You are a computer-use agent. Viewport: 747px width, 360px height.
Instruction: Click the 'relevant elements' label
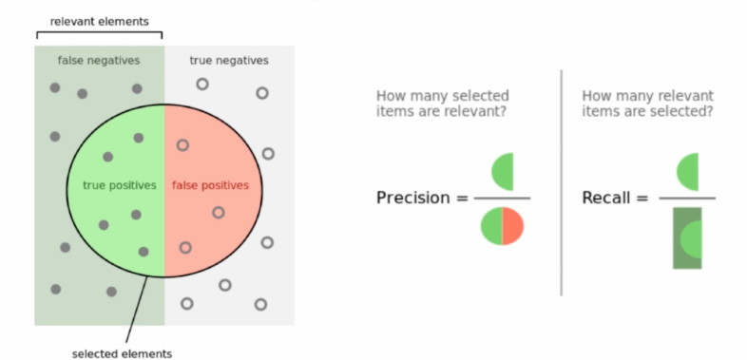99,21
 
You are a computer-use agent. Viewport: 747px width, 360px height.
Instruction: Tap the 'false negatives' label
99,60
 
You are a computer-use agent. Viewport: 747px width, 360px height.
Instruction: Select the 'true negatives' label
229,60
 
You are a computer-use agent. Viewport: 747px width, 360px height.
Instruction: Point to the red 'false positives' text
210,185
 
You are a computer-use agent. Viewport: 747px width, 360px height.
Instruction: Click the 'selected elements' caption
123,353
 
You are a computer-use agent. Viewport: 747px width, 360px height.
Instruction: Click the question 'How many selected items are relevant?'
443,104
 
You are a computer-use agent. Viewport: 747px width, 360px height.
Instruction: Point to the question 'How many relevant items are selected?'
647,104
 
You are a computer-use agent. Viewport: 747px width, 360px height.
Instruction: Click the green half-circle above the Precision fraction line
504,171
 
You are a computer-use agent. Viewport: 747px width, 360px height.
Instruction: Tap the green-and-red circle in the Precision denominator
501,226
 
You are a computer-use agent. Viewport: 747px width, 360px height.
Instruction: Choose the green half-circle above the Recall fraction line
689,171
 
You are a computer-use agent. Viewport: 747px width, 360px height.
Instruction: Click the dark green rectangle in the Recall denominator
687,237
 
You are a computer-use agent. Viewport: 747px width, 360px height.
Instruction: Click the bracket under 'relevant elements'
99,36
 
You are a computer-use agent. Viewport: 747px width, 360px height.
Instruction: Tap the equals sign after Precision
461,199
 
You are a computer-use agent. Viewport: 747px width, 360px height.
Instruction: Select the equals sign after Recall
642,199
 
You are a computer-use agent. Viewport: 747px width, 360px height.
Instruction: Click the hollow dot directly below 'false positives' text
218,213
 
